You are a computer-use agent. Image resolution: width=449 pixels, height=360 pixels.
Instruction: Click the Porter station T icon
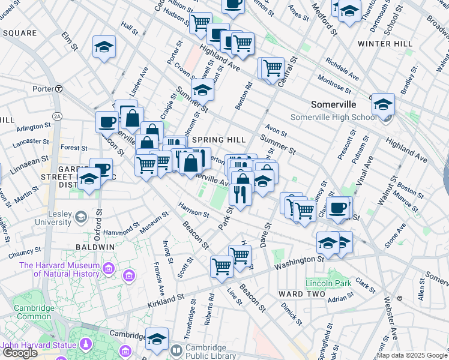coord(59,89)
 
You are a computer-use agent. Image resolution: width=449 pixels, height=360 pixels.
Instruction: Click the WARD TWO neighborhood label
coord(301,293)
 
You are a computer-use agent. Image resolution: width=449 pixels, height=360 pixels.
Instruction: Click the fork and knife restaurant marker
coord(239,194)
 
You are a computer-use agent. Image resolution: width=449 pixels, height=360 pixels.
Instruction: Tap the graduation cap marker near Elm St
coord(104,48)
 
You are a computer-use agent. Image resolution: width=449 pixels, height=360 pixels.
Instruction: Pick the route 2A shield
coord(58,116)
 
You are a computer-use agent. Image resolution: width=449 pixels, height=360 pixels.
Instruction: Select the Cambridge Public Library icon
coord(176,350)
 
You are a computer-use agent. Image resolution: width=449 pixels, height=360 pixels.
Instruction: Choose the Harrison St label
coord(194,209)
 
